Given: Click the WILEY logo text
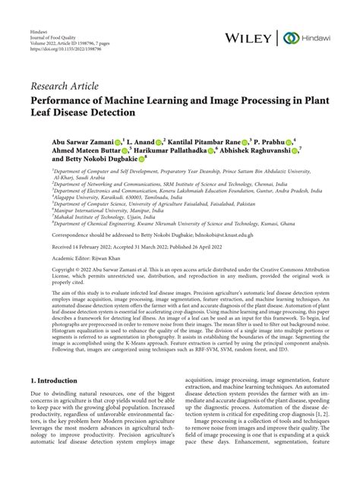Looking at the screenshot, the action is [x=257, y=37].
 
